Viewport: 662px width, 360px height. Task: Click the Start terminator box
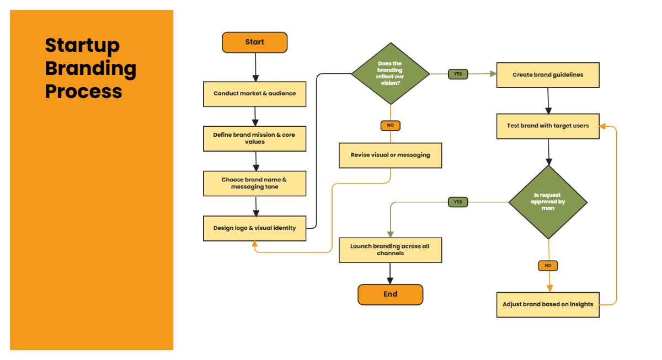click(254, 42)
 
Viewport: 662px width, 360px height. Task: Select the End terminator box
click(390, 294)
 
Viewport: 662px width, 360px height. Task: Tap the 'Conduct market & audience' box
click(254, 94)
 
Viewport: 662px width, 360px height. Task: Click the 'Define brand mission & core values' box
click(254, 138)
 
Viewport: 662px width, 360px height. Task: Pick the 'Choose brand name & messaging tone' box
click(254, 184)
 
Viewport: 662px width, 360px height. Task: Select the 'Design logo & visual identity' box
click(254, 228)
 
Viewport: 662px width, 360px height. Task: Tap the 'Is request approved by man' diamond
click(548, 202)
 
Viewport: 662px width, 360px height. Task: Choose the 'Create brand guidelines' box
click(548, 75)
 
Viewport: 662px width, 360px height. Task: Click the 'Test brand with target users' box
click(548, 126)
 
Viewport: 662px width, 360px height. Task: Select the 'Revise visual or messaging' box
click(390, 155)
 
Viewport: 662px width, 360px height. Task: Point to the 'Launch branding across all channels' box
click(390, 250)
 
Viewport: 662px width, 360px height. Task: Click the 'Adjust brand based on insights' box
click(548, 304)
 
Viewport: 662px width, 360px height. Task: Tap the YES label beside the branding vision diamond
click(458, 74)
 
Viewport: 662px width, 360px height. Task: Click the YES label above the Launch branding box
click(458, 202)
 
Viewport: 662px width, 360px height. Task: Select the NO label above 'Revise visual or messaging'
click(390, 126)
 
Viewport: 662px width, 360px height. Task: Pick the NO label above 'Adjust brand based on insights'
click(548, 266)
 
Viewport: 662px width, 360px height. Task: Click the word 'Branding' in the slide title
click(90, 68)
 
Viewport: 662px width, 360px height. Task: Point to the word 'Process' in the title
click(83, 92)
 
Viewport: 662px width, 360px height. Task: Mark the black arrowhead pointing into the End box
click(390, 281)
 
